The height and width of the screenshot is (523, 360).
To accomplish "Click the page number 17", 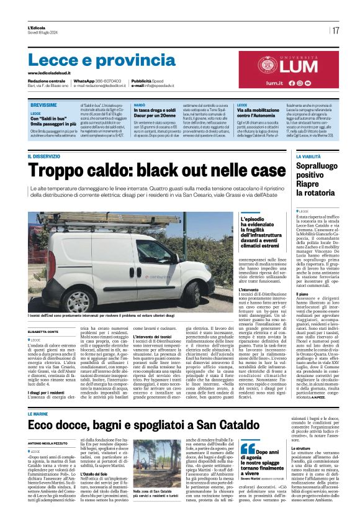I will (x=335, y=30).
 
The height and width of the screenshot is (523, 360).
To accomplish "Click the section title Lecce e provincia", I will (x=93, y=60).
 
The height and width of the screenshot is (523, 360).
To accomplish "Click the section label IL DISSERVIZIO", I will (x=44, y=157).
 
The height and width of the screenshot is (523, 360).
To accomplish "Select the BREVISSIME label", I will (x=43, y=106).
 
